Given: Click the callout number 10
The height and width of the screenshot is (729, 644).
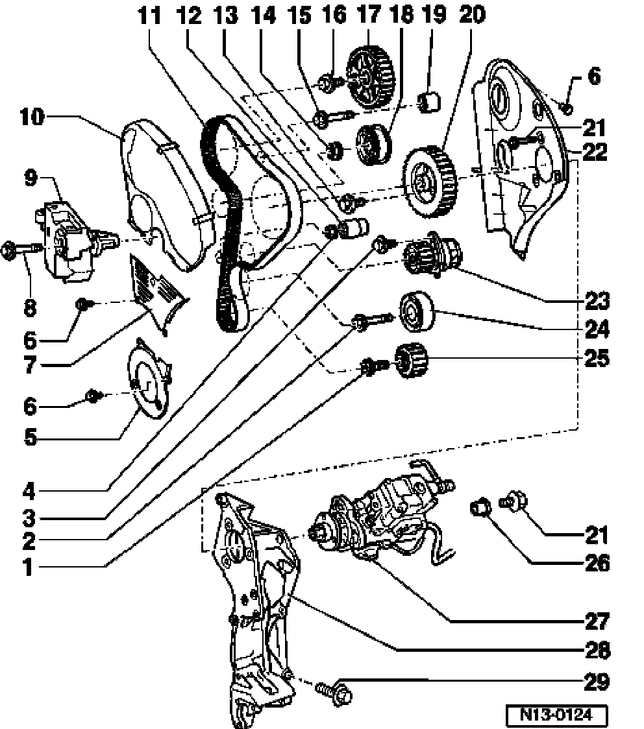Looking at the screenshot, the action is pyautogui.click(x=32, y=117).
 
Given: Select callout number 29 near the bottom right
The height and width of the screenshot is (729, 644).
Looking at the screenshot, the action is pyautogui.click(x=597, y=682).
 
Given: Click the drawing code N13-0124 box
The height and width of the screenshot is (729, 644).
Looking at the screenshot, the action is pyautogui.click(x=556, y=714).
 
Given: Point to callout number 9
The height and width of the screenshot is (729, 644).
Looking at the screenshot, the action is pyautogui.click(x=31, y=178).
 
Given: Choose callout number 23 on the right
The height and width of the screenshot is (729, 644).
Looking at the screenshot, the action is pyautogui.click(x=597, y=300).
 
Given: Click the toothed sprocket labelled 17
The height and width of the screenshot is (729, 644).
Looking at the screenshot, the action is pyautogui.click(x=371, y=76).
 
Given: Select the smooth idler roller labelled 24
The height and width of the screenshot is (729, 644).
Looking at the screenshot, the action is pyautogui.click(x=417, y=311).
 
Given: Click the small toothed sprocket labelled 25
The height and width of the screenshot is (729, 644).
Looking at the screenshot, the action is pyautogui.click(x=411, y=360).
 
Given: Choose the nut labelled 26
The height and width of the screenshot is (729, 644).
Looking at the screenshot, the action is pyautogui.click(x=480, y=507).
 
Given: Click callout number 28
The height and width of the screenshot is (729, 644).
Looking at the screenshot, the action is pyautogui.click(x=597, y=650).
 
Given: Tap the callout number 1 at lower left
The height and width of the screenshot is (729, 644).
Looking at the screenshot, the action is pyautogui.click(x=29, y=568).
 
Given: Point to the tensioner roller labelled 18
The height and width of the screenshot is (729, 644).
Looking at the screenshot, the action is pyautogui.click(x=373, y=145).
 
